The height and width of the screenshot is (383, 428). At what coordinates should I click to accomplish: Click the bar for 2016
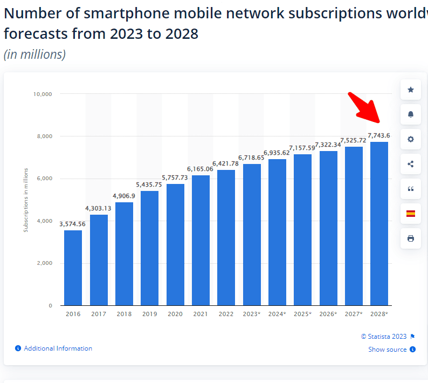pyautogui.click(x=73, y=268)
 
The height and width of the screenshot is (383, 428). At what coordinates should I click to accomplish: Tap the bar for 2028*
pyautogui.click(x=379, y=223)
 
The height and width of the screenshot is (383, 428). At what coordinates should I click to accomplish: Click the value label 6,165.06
pyautogui.click(x=200, y=169)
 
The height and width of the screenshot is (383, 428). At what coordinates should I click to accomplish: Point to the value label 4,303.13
pyautogui.click(x=98, y=208)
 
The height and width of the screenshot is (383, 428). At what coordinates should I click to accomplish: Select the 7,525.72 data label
pyautogui.click(x=353, y=140)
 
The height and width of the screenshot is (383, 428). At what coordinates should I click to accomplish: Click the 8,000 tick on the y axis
pyautogui.click(x=44, y=136)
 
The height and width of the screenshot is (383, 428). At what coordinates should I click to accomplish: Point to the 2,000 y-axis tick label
pyautogui.click(x=44, y=263)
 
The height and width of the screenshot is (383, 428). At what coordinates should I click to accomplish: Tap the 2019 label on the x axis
pyautogui.click(x=149, y=314)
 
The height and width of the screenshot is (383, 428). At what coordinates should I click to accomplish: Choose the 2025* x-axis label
pyautogui.click(x=302, y=314)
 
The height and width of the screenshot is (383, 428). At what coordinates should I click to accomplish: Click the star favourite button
pyautogui.click(x=411, y=90)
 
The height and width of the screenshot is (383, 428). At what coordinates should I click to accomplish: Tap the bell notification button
pyautogui.click(x=411, y=114)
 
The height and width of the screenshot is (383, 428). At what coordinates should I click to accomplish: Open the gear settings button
pyautogui.click(x=411, y=139)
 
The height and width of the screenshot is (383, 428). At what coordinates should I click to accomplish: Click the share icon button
pyautogui.click(x=411, y=164)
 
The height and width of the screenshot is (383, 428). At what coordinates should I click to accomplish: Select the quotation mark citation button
pyautogui.click(x=411, y=189)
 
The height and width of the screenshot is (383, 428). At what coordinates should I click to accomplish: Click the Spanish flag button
pyautogui.click(x=411, y=214)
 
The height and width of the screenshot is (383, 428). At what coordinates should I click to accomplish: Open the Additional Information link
pyautogui.click(x=58, y=348)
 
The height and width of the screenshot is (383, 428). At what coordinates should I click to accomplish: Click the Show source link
pyautogui.click(x=388, y=350)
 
